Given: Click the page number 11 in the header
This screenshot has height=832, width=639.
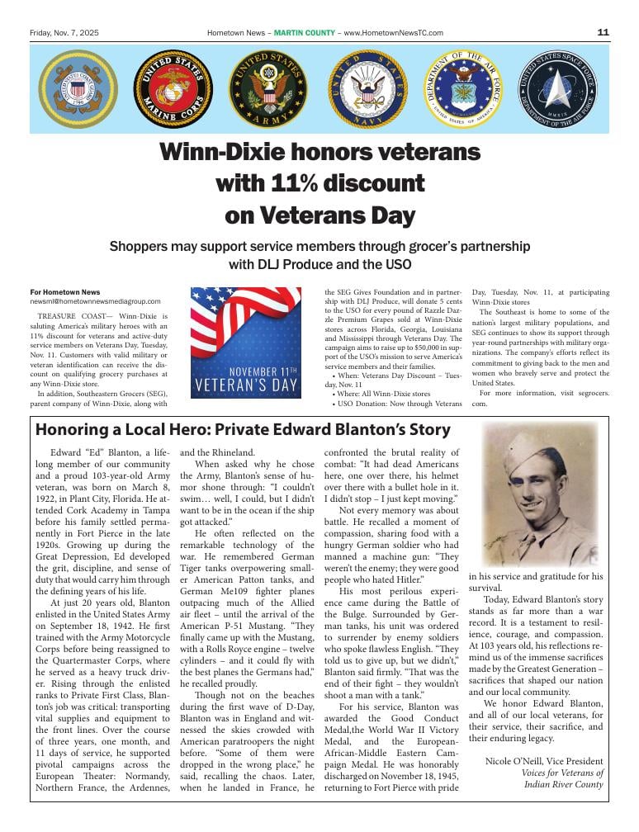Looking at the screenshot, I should [x=603, y=32].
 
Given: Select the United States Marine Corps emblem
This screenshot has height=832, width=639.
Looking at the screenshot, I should [x=173, y=88].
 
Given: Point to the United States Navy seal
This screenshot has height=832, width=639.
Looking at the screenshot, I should [x=368, y=88].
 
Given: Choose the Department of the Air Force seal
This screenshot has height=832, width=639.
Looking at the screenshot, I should [x=464, y=88].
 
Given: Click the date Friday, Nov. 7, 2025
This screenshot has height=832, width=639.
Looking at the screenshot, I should [x=64, y=33].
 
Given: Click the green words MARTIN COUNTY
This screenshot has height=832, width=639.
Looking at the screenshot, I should [x=305, y=33].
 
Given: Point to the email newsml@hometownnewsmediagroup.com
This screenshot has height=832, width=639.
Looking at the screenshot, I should [x=95, y=302].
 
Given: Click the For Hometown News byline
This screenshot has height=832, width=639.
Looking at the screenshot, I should [x=64, y=292].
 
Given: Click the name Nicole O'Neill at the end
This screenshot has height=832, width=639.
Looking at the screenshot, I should [x=521, y=761].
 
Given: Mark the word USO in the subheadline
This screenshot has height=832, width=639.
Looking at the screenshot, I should [x=397, y=265].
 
